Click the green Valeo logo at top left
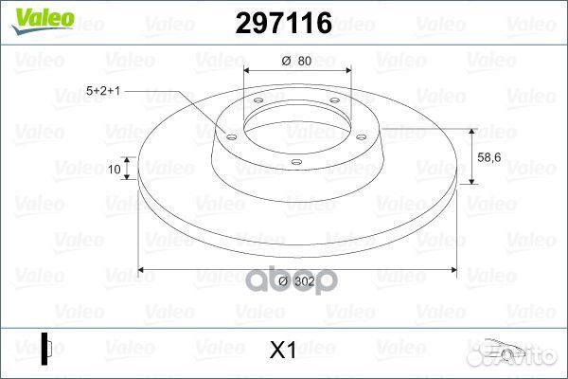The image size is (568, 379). pos(43,21)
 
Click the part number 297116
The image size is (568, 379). pos(284,23)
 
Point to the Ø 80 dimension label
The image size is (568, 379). pos(296,61)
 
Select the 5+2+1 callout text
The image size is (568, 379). pos(103,91)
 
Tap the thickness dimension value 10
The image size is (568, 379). pos(115,170)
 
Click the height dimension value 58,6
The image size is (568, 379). pos(489,157)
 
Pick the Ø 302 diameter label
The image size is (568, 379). pos(296,281)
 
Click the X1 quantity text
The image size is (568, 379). pos(283,350)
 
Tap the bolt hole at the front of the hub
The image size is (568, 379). pos(296,162)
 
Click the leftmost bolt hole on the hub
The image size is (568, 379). pos(231,137)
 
